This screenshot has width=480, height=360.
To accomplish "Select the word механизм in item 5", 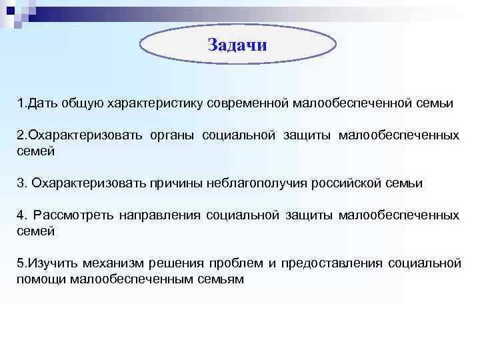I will (112, 263).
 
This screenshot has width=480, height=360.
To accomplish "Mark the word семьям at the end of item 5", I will (221, 279).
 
